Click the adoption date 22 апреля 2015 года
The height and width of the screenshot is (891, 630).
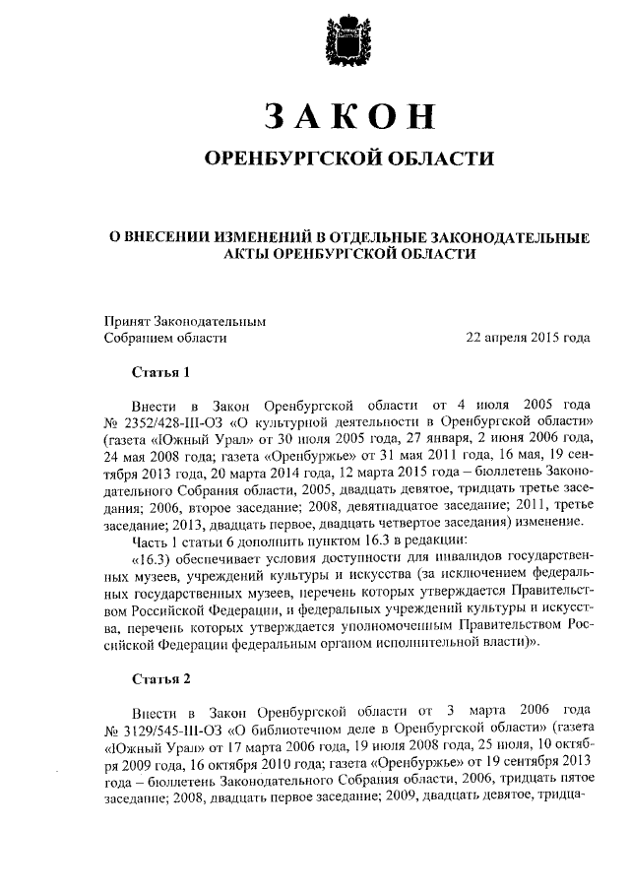click(x=528, y=337)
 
